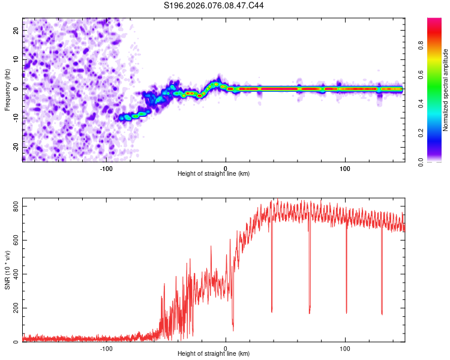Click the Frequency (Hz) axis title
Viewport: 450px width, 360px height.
coord(7,89)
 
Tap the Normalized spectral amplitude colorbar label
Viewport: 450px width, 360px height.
coord(445,89)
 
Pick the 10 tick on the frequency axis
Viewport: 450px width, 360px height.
coord(17,59)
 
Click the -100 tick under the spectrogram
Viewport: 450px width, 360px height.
coord(106,169)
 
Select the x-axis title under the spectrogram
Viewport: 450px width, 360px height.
coord(214,174)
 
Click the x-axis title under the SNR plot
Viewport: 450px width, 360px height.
coord(214,354)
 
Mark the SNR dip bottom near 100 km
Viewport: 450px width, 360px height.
coord(346,313)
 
